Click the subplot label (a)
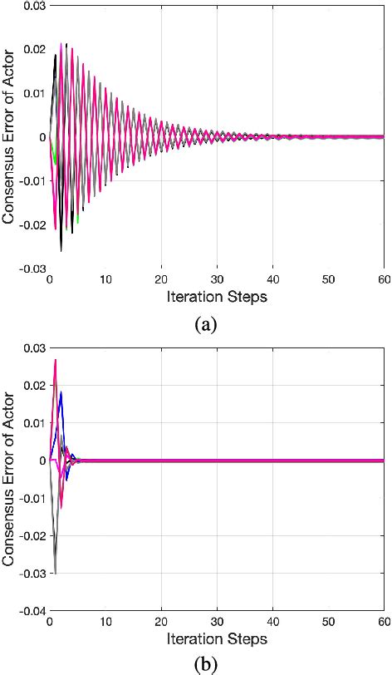tap(204, 324)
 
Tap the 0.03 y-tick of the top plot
tap(33, 7)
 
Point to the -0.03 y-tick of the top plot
tap(32, 268)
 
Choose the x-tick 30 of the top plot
tap(216, 279)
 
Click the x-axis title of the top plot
tap(216, 296)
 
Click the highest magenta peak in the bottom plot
tap(56, 360)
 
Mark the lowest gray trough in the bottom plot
tap(56, 573)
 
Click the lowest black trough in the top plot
tap(61, 250)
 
